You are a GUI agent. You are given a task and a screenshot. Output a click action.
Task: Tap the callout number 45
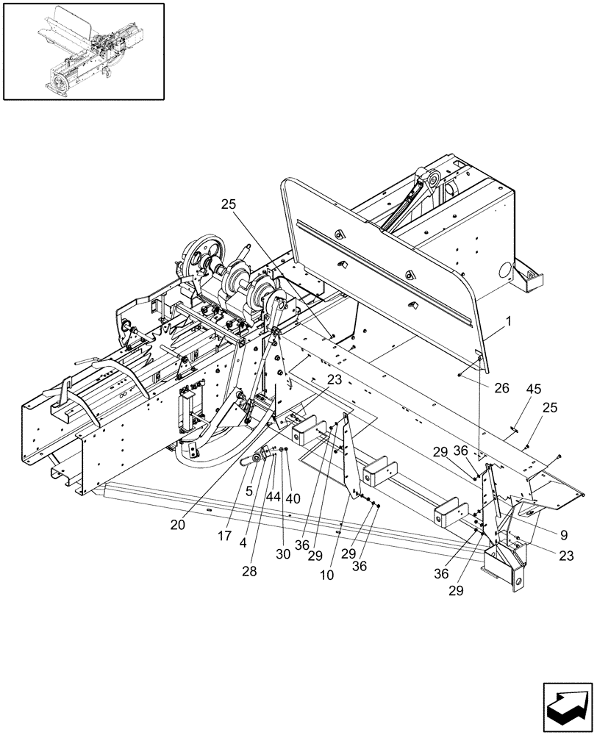click(x=533, y=392)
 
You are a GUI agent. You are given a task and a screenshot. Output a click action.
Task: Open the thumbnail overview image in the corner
click(x=83, y=51)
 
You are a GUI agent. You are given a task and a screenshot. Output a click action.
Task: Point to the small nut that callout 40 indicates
click(x=286, y=450)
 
